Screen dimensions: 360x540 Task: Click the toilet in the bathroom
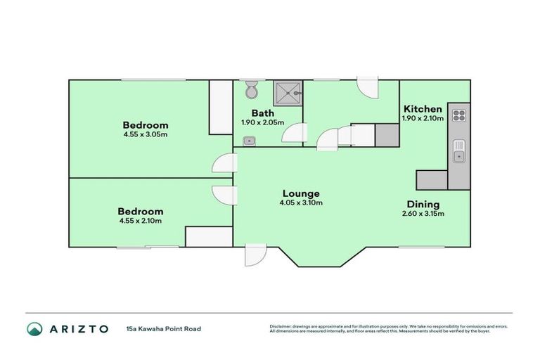click(252, 91)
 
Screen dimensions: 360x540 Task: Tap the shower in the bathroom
click(290, 91)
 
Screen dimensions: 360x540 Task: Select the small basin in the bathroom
click(249, 141)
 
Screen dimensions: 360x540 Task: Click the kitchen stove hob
click(459, 115)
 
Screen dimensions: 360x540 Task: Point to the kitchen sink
click(459, 151)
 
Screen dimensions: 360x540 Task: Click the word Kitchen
click(423, 109)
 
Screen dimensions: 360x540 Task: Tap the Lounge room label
click(301, 193)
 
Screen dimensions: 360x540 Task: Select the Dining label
click(423, 204)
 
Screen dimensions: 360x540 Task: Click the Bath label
click(264, 112)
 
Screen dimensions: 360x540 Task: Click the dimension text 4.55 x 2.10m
click(140, 221)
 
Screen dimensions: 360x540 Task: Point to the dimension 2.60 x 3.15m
click(423, 214)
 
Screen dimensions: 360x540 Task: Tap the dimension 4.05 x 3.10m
click(301, 203)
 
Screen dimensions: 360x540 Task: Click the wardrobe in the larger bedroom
click(221, 107)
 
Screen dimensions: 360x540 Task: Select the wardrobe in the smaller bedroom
click(209, 237)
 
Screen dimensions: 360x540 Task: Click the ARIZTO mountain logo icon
click(34, 328)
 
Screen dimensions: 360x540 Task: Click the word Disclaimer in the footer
click(281, 326)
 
